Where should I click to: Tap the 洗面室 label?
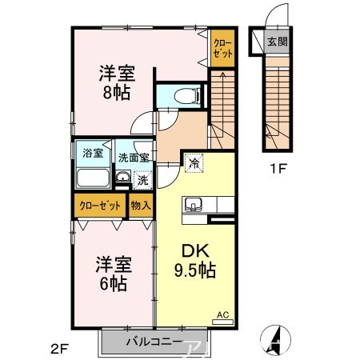pyautogui.click(x=134, y=157)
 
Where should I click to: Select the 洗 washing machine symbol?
pyautogui.click(x=142, y=180)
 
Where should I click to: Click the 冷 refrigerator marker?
pyautogui.click(x=193, y=163)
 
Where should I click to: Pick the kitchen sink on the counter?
pyautogui.click(x=194, y=207)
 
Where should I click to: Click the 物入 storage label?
pyautogui.click(x=141, y=205)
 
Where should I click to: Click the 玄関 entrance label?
pyautogui.click(x=278, y=42)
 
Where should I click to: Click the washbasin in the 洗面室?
pyautogui.click(x=122, y=177)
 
